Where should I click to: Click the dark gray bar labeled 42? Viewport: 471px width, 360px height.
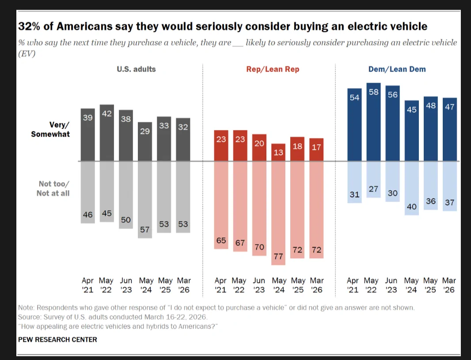click(x=106, y=133)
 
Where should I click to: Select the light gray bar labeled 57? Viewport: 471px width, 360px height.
click(x=145, y=200)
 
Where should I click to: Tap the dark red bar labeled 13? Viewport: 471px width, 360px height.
click(x=278, y=152)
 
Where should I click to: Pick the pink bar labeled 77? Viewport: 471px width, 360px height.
click(x=278, y=213)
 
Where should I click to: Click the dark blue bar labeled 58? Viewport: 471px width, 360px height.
click(x=373, y=122)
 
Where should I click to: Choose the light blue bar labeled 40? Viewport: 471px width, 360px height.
click(x=411, y=188)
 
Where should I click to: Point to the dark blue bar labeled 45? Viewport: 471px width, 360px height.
click(x=411, y=130)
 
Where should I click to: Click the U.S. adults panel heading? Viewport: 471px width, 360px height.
click(x=136, y=69)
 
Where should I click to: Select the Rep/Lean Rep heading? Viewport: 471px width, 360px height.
click(x=273, y=69)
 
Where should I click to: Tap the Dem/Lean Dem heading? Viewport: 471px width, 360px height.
click(x=397, y=69)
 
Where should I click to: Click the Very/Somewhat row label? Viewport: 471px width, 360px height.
click(x=50, y=129)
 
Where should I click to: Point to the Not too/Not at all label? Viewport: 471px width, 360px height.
click(x=53, y=188)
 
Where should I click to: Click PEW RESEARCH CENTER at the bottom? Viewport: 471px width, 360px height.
click(x=57, y=340)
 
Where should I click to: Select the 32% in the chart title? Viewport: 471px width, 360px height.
click(x=29, y=27)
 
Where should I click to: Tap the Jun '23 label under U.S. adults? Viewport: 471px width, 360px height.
click(x=126, y=285)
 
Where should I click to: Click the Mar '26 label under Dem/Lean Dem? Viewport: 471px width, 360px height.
click(x=449, y=285)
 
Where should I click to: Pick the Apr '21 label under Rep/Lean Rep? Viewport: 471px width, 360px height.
click(x=220, y=285)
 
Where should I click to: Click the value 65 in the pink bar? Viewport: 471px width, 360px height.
click(x=221, y=240)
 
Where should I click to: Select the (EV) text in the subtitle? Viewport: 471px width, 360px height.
click(x=27, y=54)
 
